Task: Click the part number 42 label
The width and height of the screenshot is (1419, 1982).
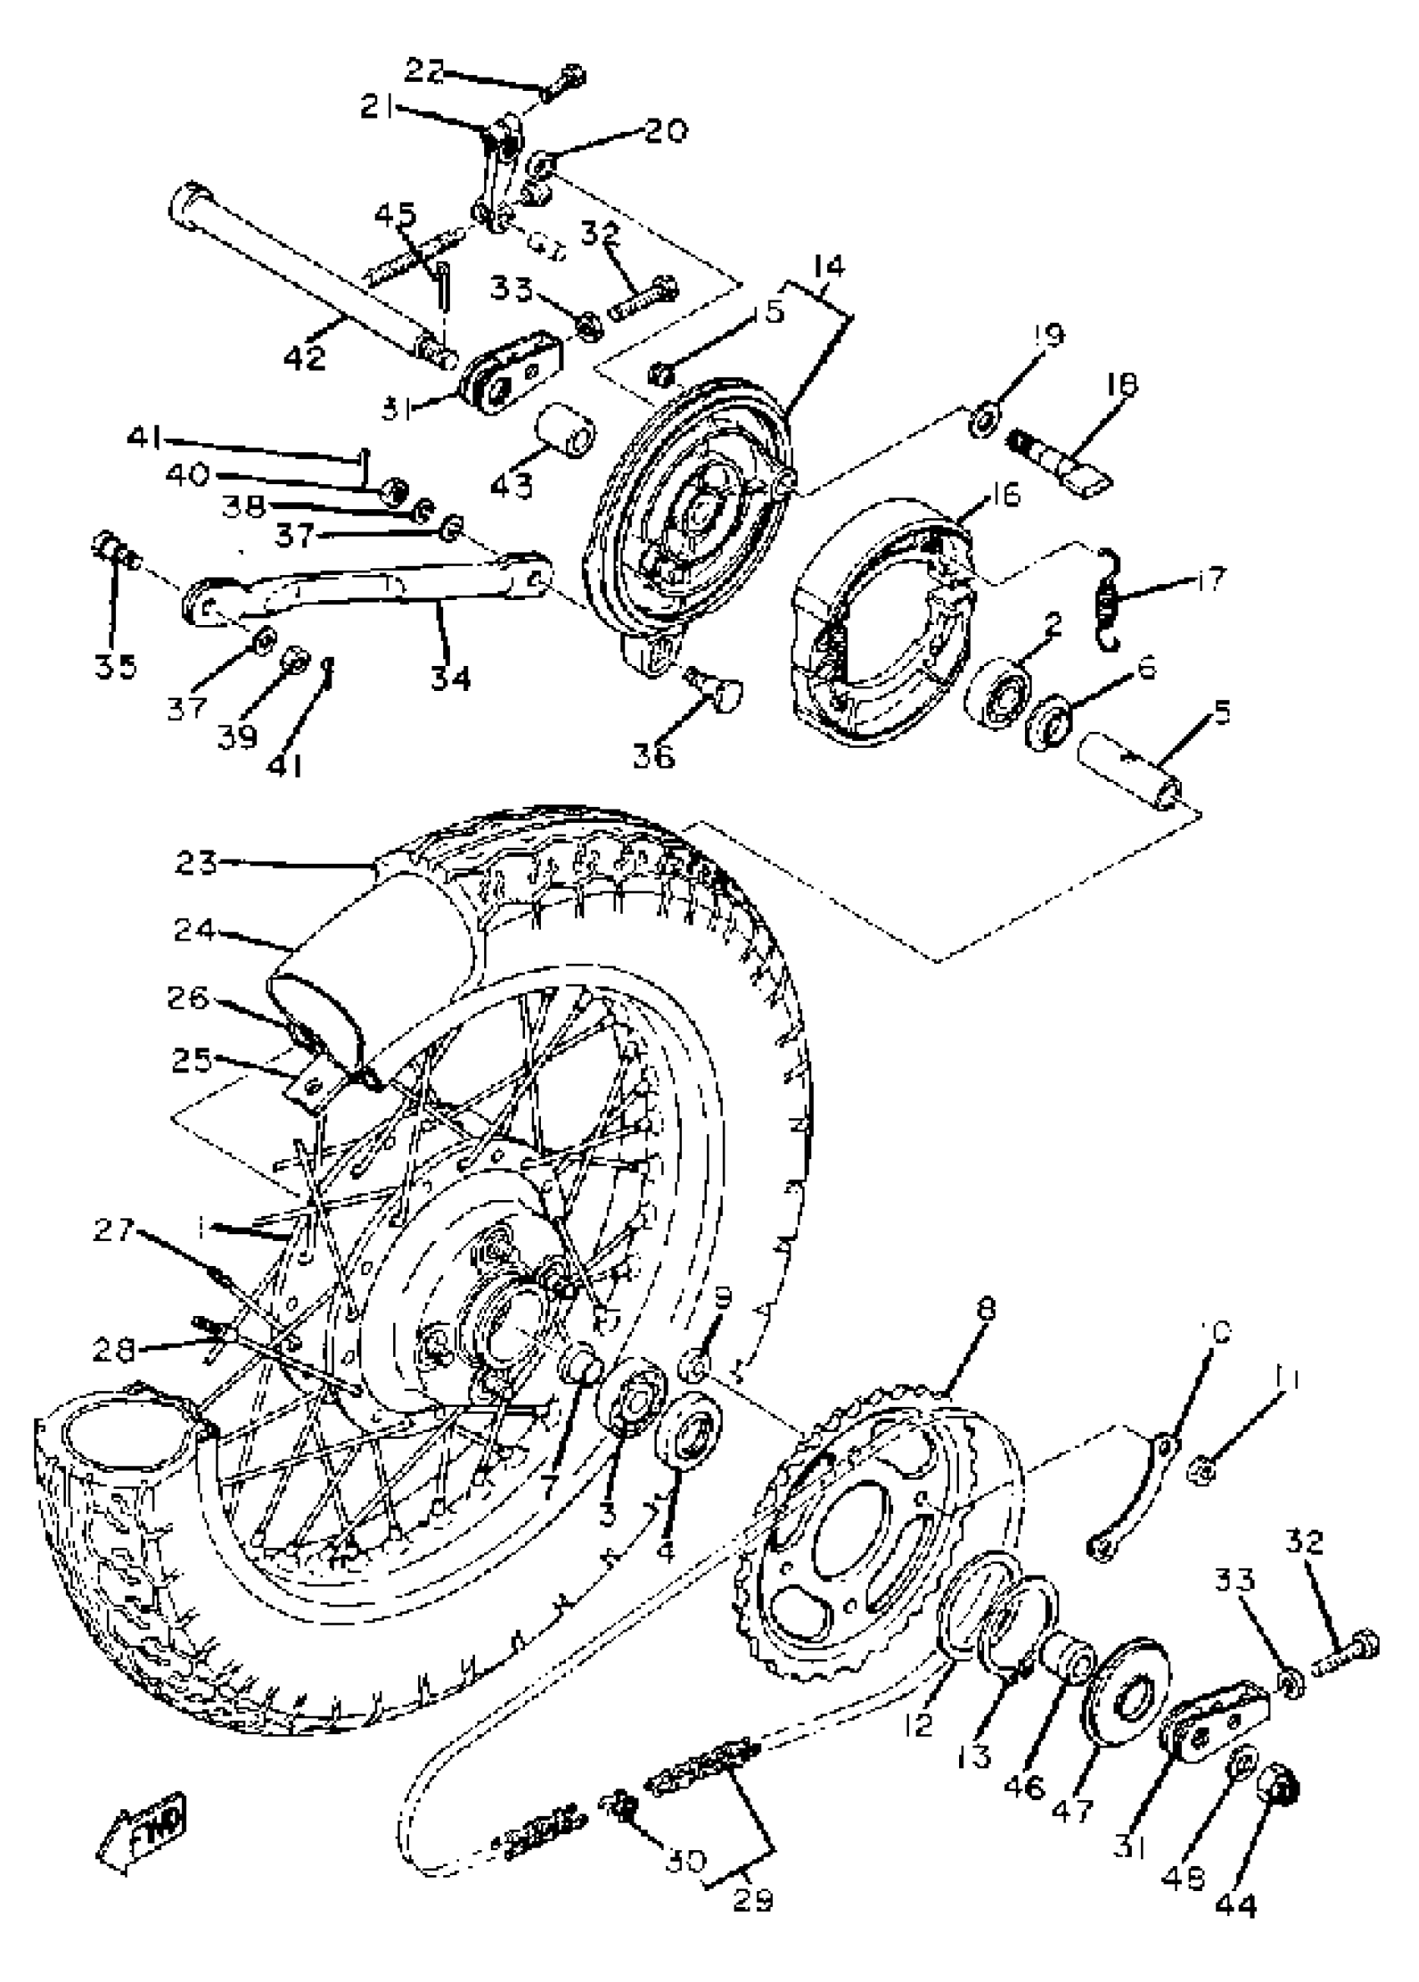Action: pyautogui.click(x=304, y=356)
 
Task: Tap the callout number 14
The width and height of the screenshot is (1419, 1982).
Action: pyautogui.click(x=828, y=265)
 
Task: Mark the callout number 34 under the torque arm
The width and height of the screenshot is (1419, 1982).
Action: pyautogui.click(x=451, y=677)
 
